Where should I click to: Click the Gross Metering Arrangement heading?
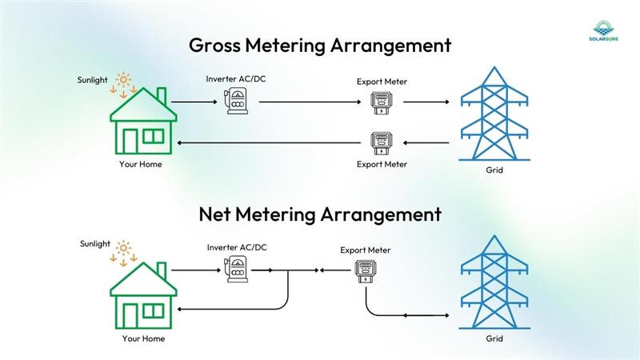[x=320, y=45]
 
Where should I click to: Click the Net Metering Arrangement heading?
[x=320, y=214]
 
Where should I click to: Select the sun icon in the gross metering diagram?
[x=124, y=81]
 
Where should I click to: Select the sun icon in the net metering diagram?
[x=124, y=249]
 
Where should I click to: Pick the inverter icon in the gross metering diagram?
[x=237, y=102]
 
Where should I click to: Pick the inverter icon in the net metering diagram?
[x=238, y=270]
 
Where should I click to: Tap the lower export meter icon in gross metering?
[x=381, y=143]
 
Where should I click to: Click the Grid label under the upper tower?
[x=494, y=170]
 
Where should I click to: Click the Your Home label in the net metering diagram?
[x=143, y=338]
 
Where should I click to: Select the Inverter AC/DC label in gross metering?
[x=236, y=78]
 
